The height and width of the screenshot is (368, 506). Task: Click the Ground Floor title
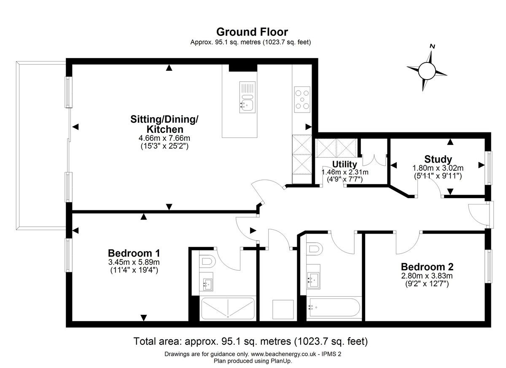(x=252, y=32)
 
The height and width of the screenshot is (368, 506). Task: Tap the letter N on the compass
(x=432, y=46)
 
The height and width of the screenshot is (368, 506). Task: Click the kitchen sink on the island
(x=248, y=97)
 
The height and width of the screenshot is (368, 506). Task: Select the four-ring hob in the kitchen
(x=302, y=99)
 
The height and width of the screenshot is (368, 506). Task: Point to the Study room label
(x=438, y=159)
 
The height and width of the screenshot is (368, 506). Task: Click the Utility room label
(x=345, y=164)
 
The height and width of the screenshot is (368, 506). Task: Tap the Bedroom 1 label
(x=134, y=253)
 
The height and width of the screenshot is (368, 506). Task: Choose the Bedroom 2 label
(x=427, y=267)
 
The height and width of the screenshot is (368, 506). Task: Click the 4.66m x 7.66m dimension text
(x=164, y=138)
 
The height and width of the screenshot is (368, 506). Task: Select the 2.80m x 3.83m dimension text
(x=427, y=276)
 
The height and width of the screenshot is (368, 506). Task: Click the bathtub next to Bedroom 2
(x=335, y=307)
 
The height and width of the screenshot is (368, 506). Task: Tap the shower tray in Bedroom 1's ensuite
(x=228, y=309)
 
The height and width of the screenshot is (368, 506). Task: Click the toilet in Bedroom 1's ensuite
(x=207, y=261)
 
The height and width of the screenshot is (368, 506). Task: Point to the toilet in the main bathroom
(x=315, y=249)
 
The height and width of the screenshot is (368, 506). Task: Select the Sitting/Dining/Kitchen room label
(x=164, y=124)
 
